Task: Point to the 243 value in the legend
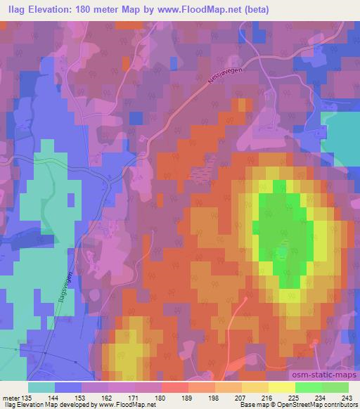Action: pos(347,398)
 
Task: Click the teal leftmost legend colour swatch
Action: pos(41,387)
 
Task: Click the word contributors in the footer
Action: pos(341,405)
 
